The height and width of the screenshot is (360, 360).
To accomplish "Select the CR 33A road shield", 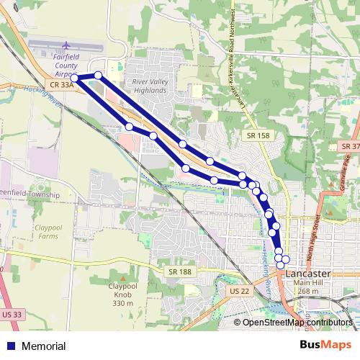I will [63, 85].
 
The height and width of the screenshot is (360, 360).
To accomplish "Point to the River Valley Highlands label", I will [150, 86].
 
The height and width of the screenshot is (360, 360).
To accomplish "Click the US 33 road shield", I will [12, 315].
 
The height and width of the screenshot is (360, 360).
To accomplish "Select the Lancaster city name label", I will [308, 274].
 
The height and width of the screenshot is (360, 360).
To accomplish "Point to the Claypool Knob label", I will [123, 294].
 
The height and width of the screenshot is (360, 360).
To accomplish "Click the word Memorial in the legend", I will [44, 346].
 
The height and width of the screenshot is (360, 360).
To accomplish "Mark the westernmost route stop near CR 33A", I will [75, 78].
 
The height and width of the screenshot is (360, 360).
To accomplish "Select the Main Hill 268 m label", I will [308, 287].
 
